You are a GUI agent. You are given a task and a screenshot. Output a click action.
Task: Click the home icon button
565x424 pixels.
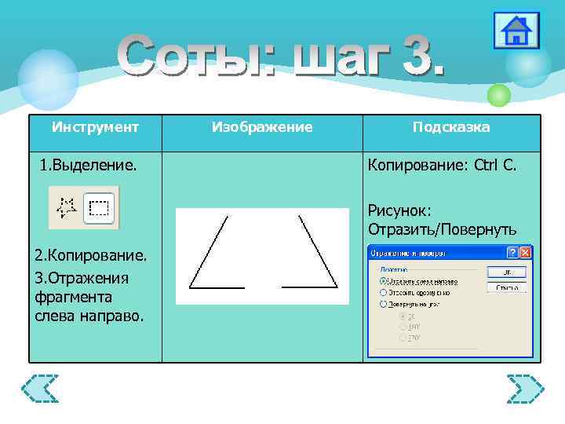(516, 31)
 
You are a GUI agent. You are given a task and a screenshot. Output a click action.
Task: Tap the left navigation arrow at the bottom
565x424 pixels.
(40, 389)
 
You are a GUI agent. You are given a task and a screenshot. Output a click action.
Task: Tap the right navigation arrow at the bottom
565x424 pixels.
(524, 389)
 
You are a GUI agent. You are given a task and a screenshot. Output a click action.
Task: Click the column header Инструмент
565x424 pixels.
(95, 127)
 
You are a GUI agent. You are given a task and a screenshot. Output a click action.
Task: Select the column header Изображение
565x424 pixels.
(262, 127)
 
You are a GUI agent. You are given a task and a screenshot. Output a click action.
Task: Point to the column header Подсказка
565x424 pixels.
(451, 127)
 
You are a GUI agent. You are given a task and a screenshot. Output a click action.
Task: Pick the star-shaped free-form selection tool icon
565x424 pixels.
(67, 207)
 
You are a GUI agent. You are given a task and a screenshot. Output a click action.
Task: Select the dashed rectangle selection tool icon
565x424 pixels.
(99, 207)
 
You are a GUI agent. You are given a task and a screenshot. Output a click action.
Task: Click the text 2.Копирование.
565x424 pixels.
(90, 257)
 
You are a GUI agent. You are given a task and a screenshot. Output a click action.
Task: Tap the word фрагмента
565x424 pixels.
(73, 297)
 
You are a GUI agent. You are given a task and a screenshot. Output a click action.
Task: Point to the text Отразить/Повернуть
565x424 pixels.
(442, 228)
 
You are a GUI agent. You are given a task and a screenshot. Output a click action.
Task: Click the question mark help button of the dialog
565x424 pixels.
(512, 253)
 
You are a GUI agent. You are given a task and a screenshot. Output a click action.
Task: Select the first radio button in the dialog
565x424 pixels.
(383, 280)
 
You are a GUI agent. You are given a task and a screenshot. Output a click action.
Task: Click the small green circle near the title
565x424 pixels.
(498, 95)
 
